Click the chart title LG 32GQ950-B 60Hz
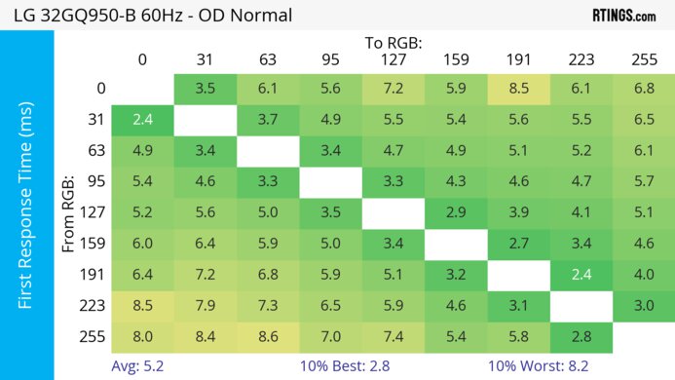click(146, 16)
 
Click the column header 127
click(394, 60)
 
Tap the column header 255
click(644, 60)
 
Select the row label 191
click(94, 275)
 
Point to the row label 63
click(94, 150)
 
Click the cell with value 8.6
click(268, 337)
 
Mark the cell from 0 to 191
click(518, 88)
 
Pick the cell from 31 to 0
click(142, 119)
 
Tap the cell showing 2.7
click(518, 244)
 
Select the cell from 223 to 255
click(644, 306)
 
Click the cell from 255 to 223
click(581, 337)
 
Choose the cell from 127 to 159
click(456, 212)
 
